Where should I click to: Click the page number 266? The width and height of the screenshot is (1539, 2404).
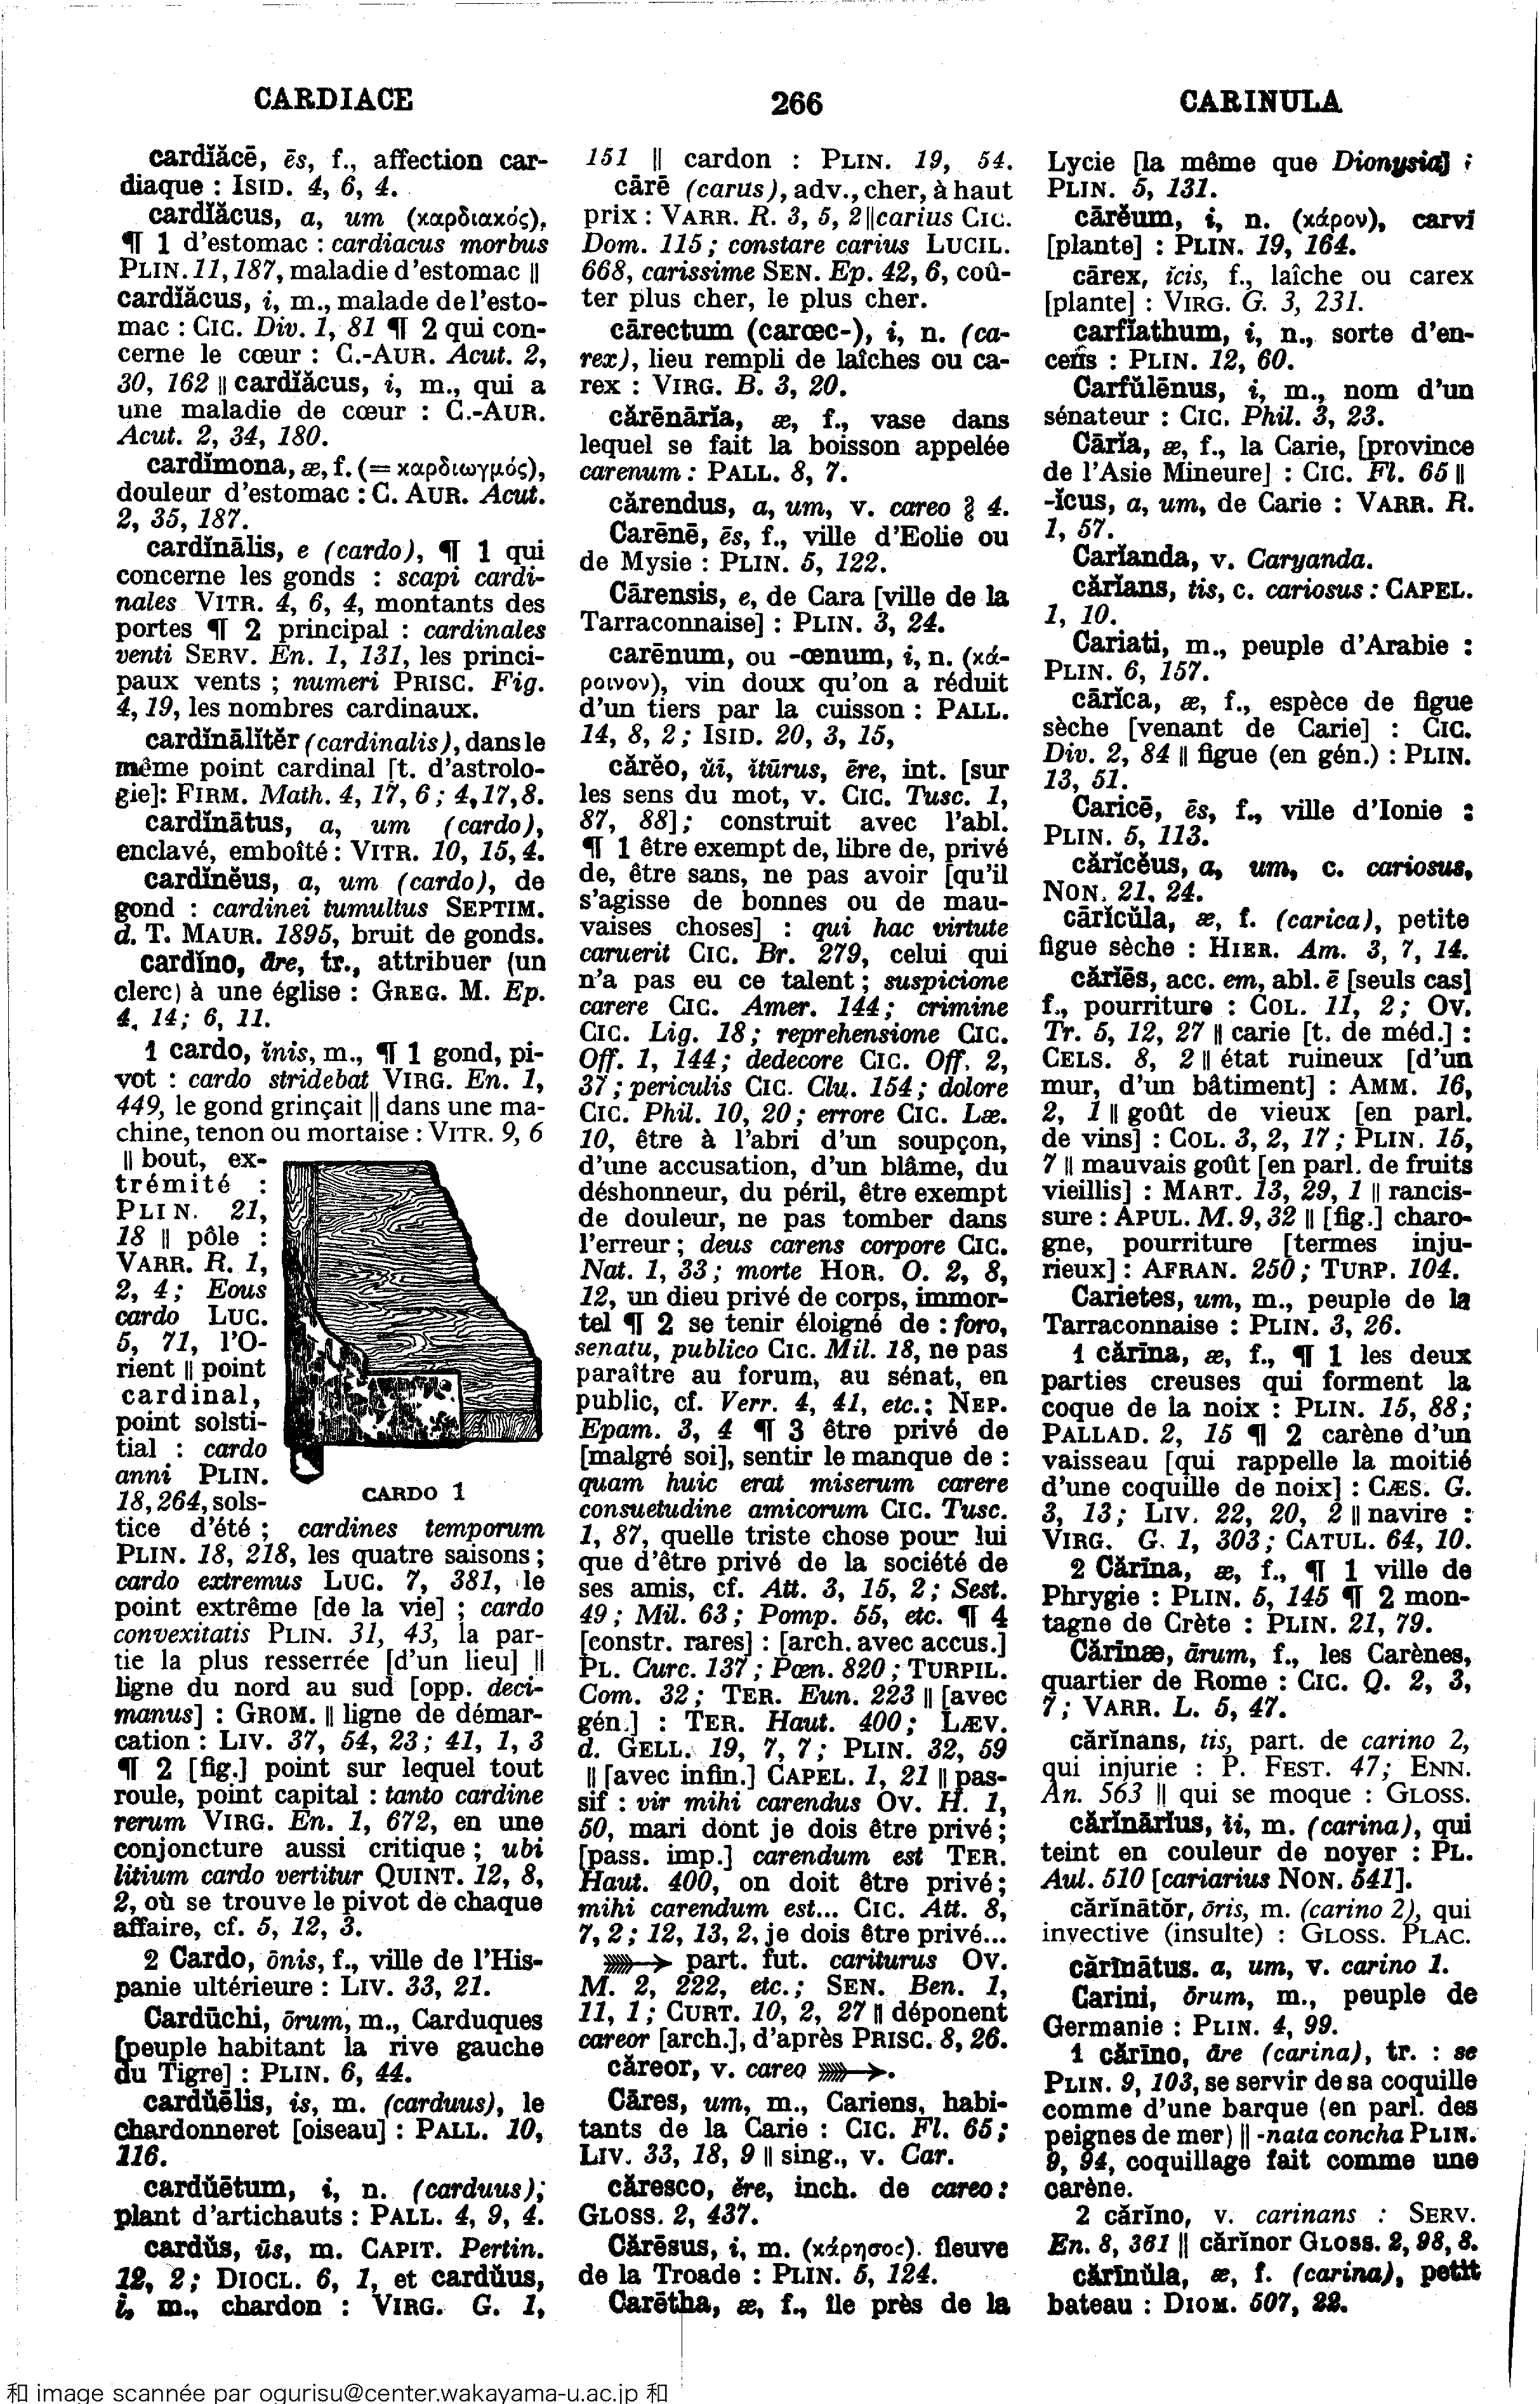(796, 103)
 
